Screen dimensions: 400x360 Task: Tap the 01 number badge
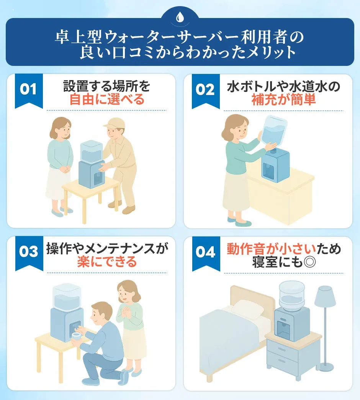(29, 90)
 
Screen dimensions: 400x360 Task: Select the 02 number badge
(206, 90)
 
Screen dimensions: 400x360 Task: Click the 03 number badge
(29, 252)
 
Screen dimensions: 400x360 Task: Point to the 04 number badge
(206, 252)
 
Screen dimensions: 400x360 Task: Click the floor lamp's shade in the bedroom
(325, 294)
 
